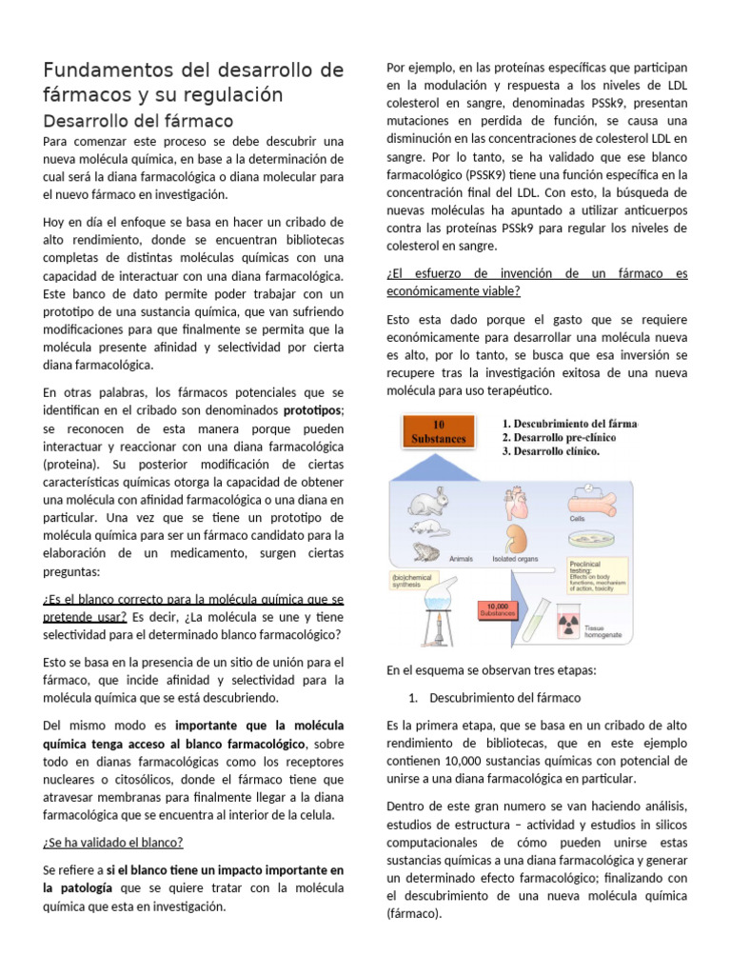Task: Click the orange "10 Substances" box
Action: coord(437,431)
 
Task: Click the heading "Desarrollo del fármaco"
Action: coord(138,120)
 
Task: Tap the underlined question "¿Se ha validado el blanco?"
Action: coord(113,842)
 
